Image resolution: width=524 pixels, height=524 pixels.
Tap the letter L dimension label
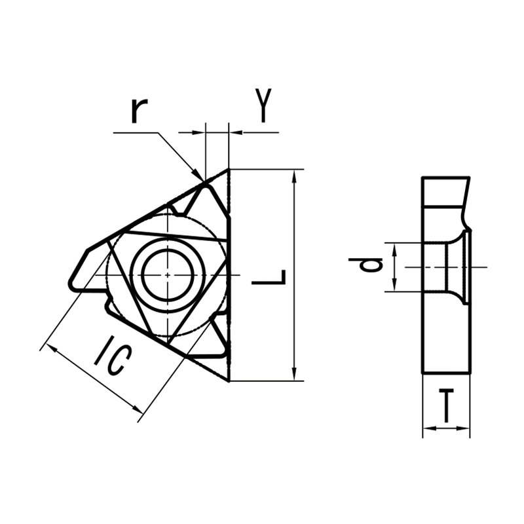click(x=269, y=278)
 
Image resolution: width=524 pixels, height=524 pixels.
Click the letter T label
click(x=446, y=405)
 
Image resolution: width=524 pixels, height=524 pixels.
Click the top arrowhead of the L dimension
click(x=296, y=174)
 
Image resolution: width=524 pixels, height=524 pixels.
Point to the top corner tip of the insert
click(x=228, y=170)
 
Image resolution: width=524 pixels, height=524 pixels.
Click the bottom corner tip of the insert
click(x=228, y=380)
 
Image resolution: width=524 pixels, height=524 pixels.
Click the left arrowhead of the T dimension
click(x=427, y=429)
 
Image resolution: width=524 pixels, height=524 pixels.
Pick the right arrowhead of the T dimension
click(x=466, y=429)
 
